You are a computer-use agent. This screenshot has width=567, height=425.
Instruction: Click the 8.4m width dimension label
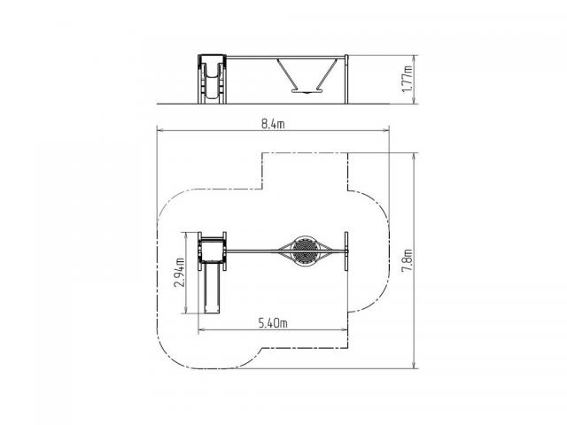pos(273,124)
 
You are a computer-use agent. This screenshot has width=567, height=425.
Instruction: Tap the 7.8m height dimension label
pos(408,260)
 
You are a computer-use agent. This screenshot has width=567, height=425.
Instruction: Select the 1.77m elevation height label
pos(408,79)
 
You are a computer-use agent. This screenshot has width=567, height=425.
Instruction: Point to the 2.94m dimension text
pos(179,273)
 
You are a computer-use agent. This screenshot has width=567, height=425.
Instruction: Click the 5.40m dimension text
pos(273,322)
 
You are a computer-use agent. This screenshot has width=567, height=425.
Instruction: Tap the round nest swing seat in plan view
pos(305,251)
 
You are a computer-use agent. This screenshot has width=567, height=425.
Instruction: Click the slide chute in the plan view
pos(213,287)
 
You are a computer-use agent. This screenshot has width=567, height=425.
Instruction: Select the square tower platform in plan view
pos(213,250)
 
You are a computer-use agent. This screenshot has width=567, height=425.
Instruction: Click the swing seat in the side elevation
pos(306,92)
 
